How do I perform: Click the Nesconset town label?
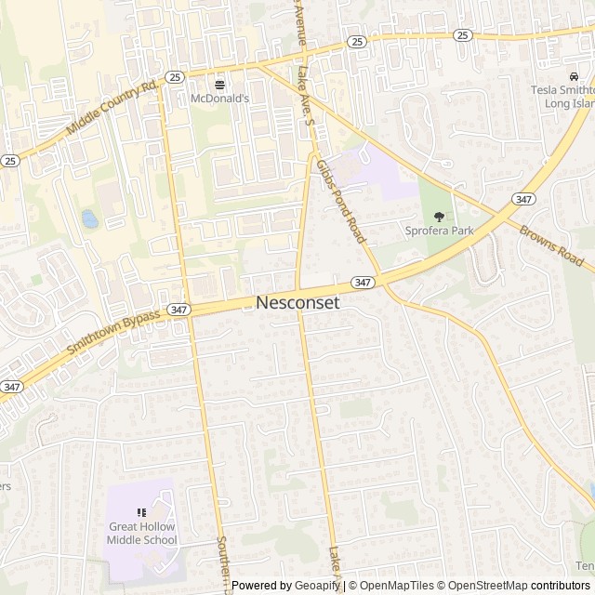click(x=297, y=303)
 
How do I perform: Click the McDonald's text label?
click(x=220, y=98)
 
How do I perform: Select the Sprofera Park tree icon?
click(x=439, y=216)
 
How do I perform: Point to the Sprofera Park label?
click(x=439, y=230)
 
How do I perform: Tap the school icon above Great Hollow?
click(x=141, y=512)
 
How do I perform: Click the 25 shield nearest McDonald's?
click(x=174, y=76)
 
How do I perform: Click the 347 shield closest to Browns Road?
click(x=522, y=198)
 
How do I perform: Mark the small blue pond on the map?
click(x=89, y=219)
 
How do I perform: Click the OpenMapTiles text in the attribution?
click(x=397, y=586)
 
